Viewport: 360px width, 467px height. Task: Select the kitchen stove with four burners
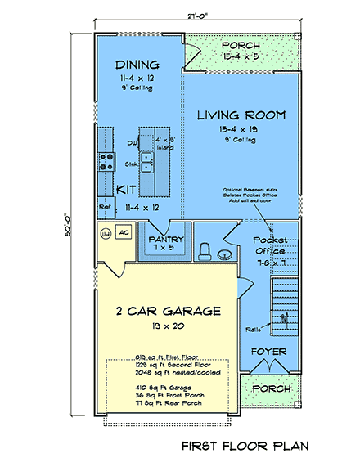[106, 160]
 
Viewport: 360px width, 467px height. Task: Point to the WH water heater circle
[105, 234]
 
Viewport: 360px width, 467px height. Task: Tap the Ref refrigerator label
[105, 208]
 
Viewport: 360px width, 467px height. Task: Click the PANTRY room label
[167, 239]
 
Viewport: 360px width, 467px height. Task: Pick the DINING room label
[137, 65]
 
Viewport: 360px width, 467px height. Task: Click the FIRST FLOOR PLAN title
[244, 447]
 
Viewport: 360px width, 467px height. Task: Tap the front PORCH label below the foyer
[269, 388]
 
